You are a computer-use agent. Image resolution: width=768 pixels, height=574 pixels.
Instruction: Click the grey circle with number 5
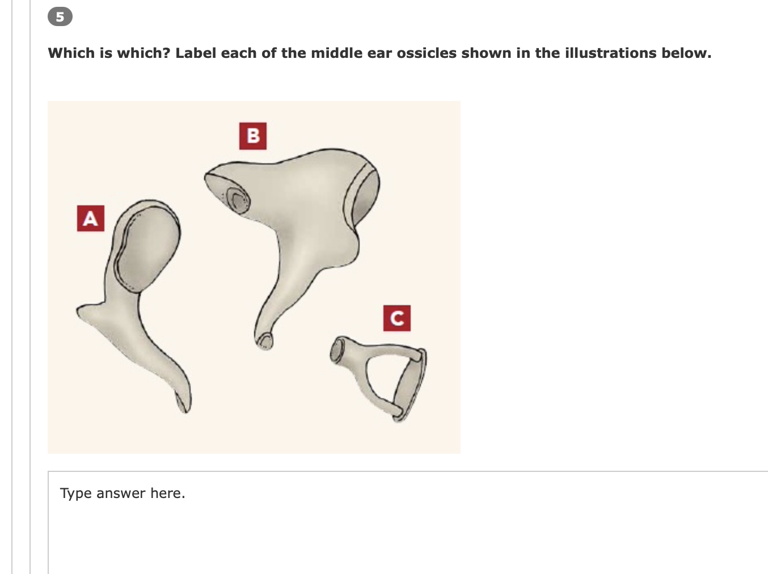pos(60,17)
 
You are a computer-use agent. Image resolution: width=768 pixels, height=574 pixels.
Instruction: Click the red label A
pos(91,218)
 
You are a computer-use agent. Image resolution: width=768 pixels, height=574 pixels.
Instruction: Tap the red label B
pos(253,136)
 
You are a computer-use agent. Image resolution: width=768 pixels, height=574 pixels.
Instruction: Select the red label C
pos(396,318)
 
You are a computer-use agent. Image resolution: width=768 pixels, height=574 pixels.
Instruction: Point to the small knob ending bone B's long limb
pos(264,340)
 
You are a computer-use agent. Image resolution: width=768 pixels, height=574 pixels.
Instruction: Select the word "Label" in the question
pos(196,53)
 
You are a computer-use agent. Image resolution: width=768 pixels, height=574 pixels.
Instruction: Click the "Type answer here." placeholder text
pos(123,493)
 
